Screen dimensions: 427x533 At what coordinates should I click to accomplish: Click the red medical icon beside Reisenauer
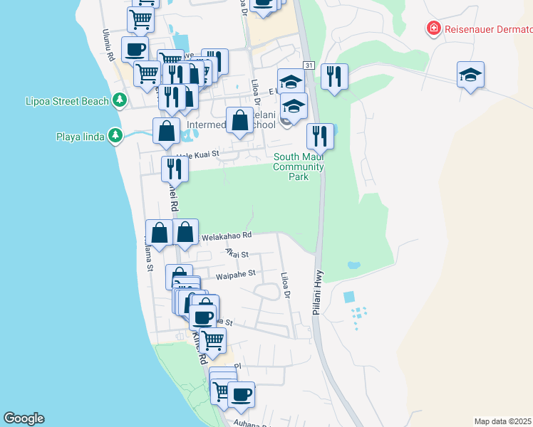433,29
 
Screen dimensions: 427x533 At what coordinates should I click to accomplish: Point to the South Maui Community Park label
299,167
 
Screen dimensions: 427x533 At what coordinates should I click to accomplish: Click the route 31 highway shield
308,65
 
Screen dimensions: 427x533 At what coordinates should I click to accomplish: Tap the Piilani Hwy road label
318,292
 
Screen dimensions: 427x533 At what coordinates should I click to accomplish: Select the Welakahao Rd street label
227,236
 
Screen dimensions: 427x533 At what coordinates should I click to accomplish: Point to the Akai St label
236,253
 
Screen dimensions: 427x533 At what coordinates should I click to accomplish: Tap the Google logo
24,418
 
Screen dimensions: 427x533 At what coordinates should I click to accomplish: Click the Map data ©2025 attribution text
503,421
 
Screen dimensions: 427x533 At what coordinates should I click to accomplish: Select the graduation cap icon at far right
470,75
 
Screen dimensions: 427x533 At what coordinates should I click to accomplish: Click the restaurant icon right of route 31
333,75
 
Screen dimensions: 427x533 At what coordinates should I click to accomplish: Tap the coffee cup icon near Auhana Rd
241,394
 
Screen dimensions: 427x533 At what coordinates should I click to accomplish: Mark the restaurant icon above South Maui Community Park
320,135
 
